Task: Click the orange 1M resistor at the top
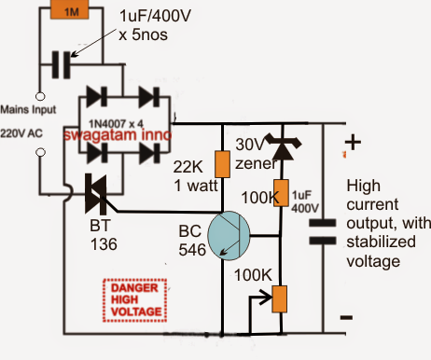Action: click(69, 10)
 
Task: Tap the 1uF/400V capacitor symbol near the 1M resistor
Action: click(62, 65)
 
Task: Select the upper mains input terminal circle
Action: click(40, 96)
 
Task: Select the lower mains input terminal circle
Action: click(40, 152)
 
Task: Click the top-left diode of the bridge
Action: click(96, 97)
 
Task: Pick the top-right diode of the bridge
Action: click(149, 97)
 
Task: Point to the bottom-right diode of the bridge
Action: click(149, 153)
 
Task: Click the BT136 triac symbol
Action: click(96, 194)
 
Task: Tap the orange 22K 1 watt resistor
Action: click(222, 164)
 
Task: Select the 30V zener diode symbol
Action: click(283, 146)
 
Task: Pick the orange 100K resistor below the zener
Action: click(281, 193)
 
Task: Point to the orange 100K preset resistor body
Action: click(279, 299)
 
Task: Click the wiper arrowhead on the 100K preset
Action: click(268, 298)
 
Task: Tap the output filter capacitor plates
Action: click(323, 231)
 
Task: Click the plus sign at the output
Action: click(353, 143)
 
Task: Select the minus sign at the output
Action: click(346, 317)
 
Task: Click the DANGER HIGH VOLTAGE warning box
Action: click(135, 300)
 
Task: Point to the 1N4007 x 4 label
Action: click(116, 124)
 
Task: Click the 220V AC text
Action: click(21, 133)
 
